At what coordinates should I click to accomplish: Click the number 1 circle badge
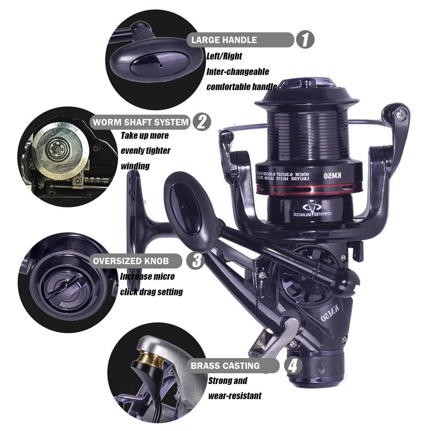click(x=305, y=40)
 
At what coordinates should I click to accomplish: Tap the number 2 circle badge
click(x=202, y=122)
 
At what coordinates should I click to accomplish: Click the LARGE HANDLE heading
click(x=224, y=40)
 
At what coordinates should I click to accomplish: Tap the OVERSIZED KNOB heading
click(x=131, y=261)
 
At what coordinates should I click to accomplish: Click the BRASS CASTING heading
click(x=225, y=366)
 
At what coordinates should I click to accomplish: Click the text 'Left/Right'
click(x=224, y=56)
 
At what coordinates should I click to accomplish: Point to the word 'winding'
click(x=135, y=166)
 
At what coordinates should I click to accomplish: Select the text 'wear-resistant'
click(x=234, y=396)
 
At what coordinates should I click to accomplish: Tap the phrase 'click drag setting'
click(x=151, y=292)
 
